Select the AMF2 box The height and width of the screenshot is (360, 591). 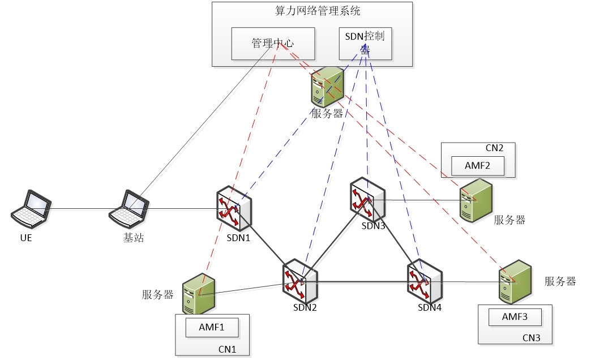pos(477,165)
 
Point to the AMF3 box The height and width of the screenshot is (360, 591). pos(515,317)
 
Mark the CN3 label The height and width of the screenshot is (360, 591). pos(530,337)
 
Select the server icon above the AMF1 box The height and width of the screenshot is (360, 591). pos(199,293)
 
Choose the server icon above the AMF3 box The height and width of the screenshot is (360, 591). pos(515,281)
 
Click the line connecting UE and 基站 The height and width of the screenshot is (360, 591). pos(79,209)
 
